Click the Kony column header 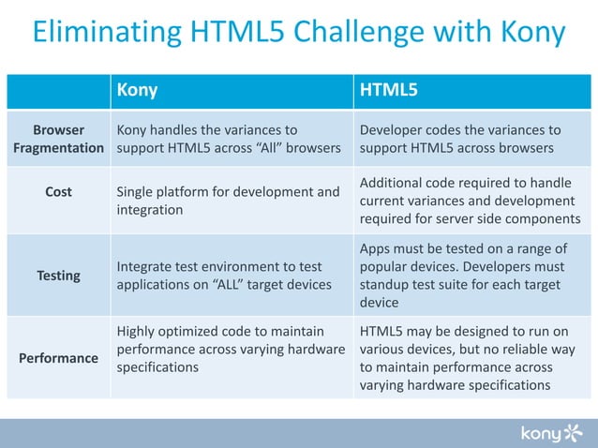pos(137,91)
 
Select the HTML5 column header pos(389,91)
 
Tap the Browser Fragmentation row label pos(58,139)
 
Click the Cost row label pos(58,192)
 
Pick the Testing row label pos(58,276)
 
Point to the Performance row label pos(58,358)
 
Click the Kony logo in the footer pos(552,432)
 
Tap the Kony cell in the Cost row pos(228,201)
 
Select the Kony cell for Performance pos(230,349)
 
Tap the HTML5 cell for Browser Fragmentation pos(460,139)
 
